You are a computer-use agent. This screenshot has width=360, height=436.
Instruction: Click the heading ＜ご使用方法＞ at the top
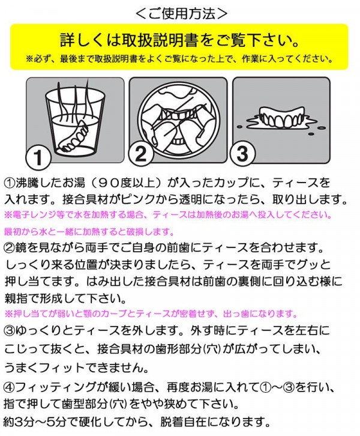point(181,13)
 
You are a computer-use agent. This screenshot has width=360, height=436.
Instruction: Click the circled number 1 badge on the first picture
point(38,157)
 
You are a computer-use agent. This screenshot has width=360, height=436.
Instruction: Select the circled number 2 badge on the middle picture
point(140,154)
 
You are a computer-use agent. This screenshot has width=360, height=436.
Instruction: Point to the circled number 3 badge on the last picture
point(242,154)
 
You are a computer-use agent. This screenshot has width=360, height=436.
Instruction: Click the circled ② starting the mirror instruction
point(10,247)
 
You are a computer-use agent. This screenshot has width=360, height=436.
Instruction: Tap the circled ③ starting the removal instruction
point(10,330)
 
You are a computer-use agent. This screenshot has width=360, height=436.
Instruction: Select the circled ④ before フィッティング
point(10,387)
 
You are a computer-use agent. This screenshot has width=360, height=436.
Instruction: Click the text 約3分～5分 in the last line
point(35,422)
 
